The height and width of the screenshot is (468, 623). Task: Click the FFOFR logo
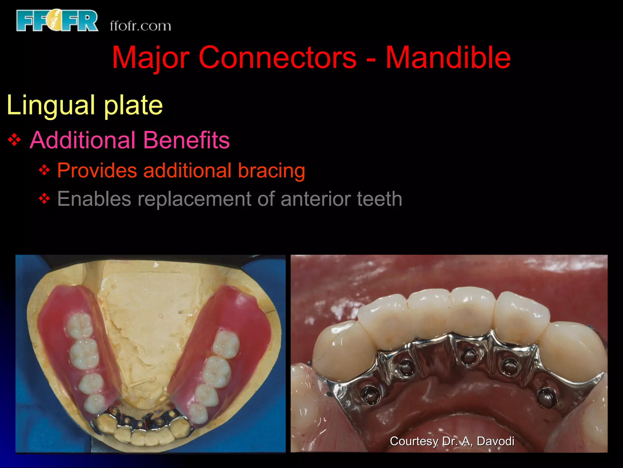[x=57, y=20]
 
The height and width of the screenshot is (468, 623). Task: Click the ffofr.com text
[x=140, y=26]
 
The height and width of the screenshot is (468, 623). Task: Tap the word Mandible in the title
[x=448, y=58]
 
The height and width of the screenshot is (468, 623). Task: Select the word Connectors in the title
[x=277, y=58]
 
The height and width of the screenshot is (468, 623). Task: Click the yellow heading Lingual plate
[x=85, y=105]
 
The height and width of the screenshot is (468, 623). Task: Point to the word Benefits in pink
[x=186, y=140]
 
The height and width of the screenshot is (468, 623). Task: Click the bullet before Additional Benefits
[x=14, y=140]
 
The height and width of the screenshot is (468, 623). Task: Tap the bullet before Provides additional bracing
[x=44, y=170]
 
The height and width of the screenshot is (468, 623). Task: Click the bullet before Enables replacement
[x=44, y=199]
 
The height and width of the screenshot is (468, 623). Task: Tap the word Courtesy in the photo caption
[x=414, y=441]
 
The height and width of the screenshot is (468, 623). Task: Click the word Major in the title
[x=151, y=58]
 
